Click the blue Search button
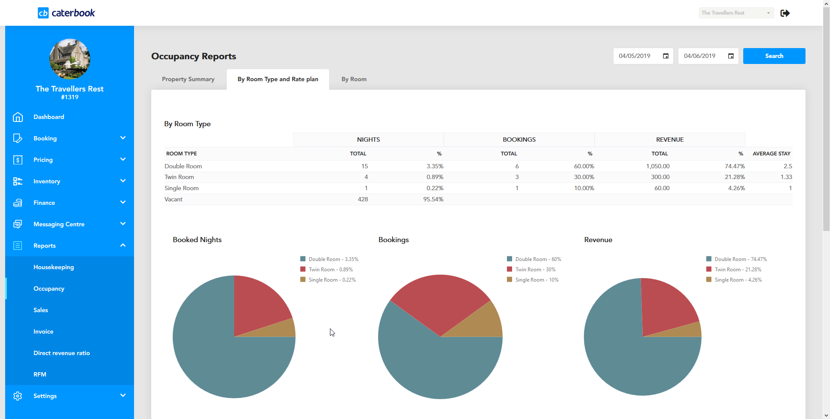coord(774,56)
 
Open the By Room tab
coord(354,79)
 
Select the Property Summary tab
coord(188,79)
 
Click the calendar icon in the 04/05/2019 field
coord(665,56)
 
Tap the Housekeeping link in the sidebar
coord(53,267)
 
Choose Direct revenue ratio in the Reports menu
coord(61,353)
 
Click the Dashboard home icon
coord(18,117)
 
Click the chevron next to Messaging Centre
coord(123,224)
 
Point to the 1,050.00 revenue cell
coord(657,166)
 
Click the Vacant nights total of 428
coord(363,199)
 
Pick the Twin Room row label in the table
coord(179,177)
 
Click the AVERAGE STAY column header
coord(771,153)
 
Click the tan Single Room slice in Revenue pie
coord(693,330)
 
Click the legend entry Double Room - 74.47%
coord(740,259)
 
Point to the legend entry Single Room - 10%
coord(537,280)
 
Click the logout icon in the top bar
coord(785,13)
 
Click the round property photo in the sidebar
coord(70,59)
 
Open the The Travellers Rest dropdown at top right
coord(736,13)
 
